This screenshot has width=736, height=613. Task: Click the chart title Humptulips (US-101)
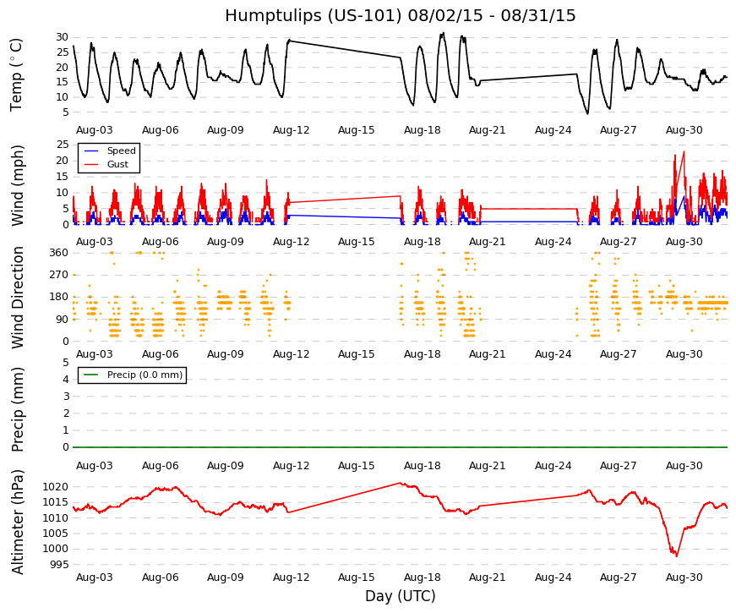pos(313,15)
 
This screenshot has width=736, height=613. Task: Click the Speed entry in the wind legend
pos(121,151)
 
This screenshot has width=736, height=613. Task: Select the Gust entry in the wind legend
pos(117,164)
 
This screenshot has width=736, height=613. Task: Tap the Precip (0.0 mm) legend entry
pos(144,375)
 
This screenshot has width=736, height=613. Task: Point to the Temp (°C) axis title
pos(16,74)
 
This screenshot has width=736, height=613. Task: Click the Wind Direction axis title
pos(18,298)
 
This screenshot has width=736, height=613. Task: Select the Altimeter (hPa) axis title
pos(18,522)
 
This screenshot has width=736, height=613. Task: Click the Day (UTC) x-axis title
pos(401,596)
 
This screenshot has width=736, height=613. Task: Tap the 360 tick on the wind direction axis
pos(59,253)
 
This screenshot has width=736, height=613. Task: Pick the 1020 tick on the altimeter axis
pos(56,487)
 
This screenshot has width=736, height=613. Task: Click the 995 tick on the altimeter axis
pos(59,565)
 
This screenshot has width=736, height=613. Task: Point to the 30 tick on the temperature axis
pos(63,37)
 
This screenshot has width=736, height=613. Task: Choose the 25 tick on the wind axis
pos(63,145)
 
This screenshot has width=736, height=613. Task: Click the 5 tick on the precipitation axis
pos(66,363)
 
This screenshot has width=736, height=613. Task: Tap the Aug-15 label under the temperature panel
pos(357,130)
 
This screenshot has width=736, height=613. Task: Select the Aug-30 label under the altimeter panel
pos(684,577)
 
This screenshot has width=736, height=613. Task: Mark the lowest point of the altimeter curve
pos(676,556)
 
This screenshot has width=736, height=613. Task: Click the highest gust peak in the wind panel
pos(684,151)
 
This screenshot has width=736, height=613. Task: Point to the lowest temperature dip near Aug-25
pos(587,113)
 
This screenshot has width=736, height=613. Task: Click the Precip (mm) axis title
pos(18,409)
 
